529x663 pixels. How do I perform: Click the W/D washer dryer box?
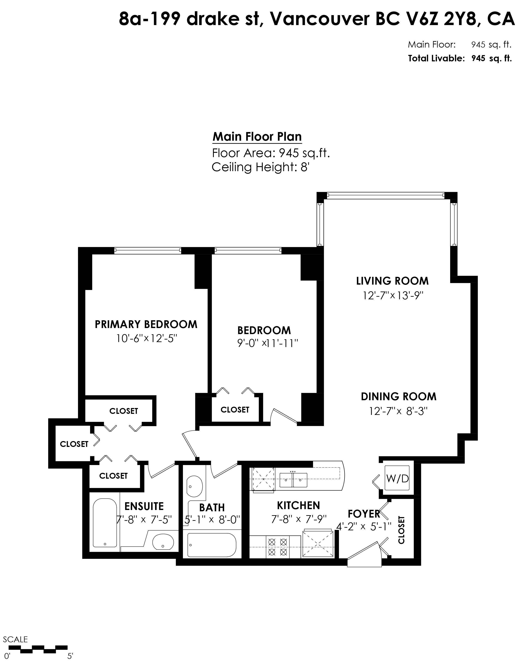397,478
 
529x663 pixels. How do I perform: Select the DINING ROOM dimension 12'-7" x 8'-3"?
398,411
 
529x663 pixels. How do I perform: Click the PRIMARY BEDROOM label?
146,324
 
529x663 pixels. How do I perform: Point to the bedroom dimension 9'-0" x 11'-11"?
268,343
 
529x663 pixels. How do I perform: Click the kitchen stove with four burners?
278,547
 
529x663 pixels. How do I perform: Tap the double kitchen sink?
293,480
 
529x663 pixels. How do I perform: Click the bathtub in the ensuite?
105,527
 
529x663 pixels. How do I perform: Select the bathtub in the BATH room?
211,545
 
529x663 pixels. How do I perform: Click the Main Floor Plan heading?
257,137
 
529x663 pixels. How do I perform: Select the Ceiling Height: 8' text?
260,167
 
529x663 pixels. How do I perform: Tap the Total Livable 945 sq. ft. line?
459,58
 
